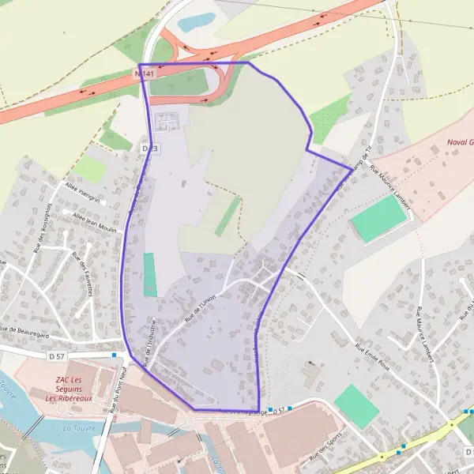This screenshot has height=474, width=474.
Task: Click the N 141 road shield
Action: coord(145,73)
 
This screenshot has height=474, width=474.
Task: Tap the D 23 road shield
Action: coord(150,149)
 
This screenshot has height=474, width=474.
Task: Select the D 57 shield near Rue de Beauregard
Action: coord(56,357)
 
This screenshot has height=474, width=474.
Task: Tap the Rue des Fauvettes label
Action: coord(83,273)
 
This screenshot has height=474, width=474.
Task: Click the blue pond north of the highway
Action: coord(196,21)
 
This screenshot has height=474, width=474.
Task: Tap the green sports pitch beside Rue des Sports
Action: coord(356,406)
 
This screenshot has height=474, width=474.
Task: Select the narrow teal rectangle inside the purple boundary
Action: coord(150,275)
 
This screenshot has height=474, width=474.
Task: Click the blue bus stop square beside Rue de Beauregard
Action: coord(115,355)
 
